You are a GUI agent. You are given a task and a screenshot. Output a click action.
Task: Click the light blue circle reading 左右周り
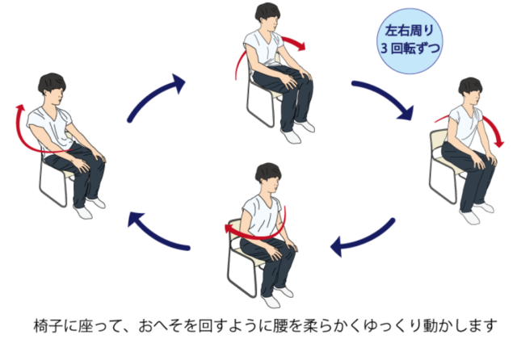tap(410, 41)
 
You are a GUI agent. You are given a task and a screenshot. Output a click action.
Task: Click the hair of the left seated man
tap(51, 83)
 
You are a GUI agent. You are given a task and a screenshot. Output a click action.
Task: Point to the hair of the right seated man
tap(469, 86)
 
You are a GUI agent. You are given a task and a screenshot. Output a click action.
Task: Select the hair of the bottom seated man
tap(267, 172)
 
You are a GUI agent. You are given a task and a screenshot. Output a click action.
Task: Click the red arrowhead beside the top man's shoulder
tap(301, 46)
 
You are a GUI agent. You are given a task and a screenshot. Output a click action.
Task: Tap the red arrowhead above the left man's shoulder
tap(21, 108)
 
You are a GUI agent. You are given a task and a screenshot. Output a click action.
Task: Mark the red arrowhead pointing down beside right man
tap(500, 144)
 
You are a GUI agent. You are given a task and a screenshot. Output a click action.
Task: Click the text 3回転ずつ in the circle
tap(410, 48)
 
